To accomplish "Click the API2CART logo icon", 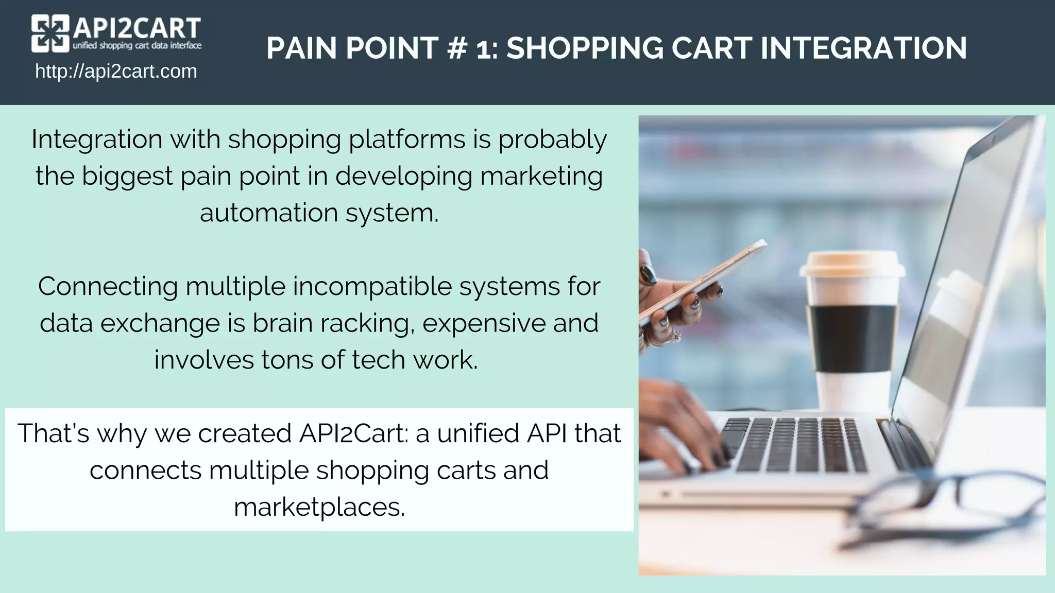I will tap(50, 33).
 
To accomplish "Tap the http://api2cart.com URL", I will tap(116, 71).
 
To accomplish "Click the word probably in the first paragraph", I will tap(552, 140).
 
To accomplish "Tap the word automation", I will tap(268, 213).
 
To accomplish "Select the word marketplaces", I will tap(319, 507).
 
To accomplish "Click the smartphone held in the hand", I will tap(703, 281).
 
